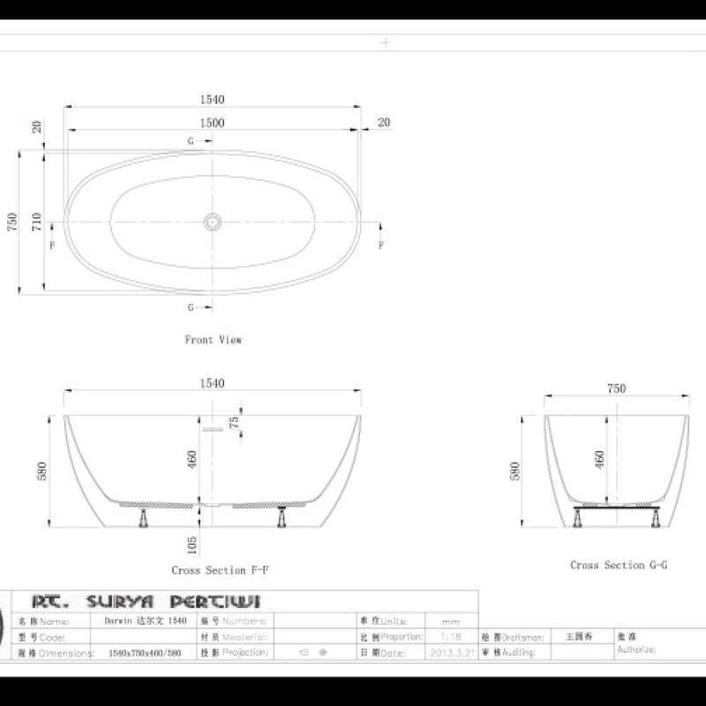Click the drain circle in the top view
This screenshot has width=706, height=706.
(212, 222)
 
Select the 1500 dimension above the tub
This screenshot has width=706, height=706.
(212, 124)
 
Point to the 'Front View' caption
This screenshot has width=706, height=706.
(213, 339)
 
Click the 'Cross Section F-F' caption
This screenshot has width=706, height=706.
(220, 570)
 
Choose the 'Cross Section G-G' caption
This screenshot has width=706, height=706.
(618, 565)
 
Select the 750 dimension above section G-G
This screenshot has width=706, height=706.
(616, 388)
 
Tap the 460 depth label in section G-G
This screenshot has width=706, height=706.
(600, 459)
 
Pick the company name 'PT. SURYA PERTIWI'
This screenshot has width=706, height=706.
(146, 602)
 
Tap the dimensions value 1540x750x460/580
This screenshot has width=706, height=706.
(145, 654)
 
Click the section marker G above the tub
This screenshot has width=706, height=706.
(191, 141)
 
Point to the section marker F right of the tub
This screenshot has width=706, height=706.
(380, 245)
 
